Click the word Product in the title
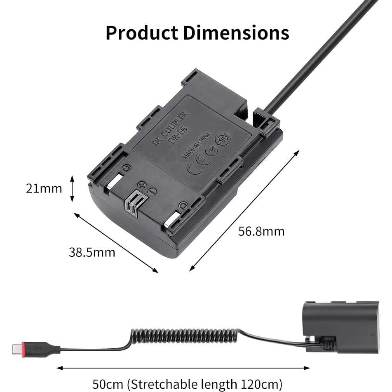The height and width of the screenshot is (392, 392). coord(142,33)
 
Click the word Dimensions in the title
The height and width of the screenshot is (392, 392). coord(236,33)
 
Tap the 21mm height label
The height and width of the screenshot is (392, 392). coord(44,188)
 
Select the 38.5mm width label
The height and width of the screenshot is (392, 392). coord(92,252)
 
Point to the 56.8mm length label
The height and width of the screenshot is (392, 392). coord(261,231)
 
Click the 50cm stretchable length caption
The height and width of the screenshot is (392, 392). coord(188,384)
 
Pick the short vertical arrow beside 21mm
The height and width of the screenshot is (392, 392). coord(72,189)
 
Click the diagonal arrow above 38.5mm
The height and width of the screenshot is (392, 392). coord(116,242)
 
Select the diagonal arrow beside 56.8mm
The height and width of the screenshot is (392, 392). coord(244,211)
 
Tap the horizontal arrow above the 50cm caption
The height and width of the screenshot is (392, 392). coord(183,368)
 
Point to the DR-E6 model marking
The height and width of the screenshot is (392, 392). coord(177,135)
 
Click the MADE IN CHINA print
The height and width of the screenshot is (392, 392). coord(196,145)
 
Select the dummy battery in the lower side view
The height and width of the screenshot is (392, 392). coord(340,326)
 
